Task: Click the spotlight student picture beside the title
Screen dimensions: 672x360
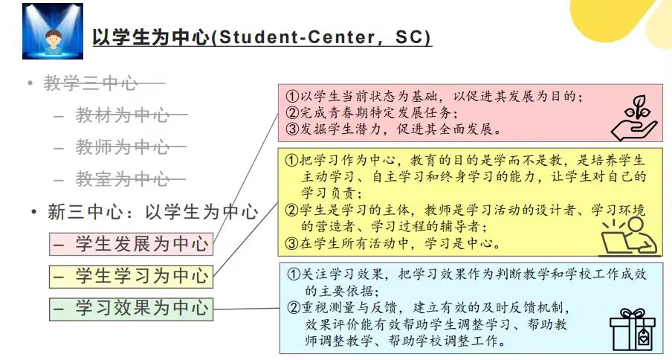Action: click(x=53, y=31)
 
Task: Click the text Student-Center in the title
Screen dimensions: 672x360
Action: click(x=296, y=37)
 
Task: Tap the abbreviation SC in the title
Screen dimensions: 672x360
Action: click(x=409, y=37)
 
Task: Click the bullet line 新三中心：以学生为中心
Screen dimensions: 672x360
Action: click(x=153, y=212)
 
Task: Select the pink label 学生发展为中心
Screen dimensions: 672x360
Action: click(x=131, y=244)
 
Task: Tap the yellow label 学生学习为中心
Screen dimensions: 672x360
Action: click(x=131, y=276)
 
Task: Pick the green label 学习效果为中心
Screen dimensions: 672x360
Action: click(x=131, y=309)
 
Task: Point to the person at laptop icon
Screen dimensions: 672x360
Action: click(x=629, y=237)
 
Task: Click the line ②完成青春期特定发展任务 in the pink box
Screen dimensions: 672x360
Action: click(x=372, y=113)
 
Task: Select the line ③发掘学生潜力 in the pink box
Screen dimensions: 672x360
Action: click(x=393, y=129)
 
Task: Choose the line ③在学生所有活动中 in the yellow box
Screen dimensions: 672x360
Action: click(x=393, y=243)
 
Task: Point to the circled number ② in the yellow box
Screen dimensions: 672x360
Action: click(x=291, y=210)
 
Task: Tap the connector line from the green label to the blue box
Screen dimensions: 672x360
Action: click(x=247, y=309)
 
